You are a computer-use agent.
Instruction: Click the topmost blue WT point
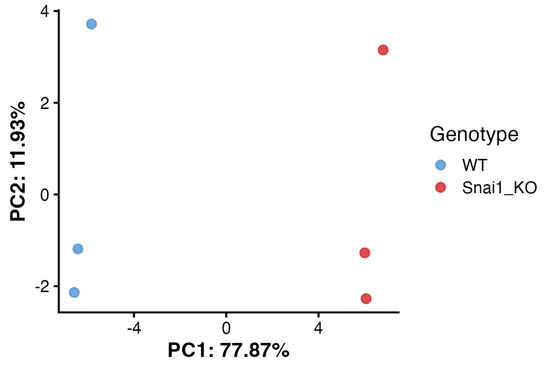[91, 24]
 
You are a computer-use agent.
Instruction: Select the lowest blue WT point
[74, 293]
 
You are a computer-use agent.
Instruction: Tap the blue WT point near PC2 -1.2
[77, 249]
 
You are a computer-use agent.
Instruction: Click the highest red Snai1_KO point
[383, 50]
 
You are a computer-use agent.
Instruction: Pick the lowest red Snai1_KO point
[366, 298]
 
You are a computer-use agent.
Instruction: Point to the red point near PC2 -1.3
[365, 253]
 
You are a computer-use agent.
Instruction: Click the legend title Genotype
[474, 135]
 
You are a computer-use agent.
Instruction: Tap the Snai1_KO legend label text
[499, 188]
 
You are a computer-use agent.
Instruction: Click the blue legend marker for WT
[440, 165]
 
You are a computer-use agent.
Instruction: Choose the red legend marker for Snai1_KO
[440, 187]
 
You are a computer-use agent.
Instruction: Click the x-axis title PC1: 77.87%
[229, 350]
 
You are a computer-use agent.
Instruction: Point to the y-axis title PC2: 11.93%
[19, 161]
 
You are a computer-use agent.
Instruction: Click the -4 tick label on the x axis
[134, 328]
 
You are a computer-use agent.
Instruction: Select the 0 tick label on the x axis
[226, 328]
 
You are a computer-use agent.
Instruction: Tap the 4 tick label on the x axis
[318, 328]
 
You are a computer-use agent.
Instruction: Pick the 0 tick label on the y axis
[44, 195]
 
